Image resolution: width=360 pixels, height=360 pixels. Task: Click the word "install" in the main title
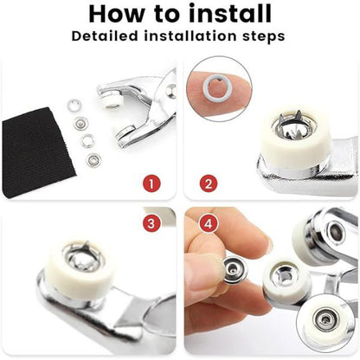(x=230, y=13)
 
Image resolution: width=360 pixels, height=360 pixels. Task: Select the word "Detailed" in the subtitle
(x=105, y=36)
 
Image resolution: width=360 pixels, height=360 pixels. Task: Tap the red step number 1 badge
(x=151, y=183)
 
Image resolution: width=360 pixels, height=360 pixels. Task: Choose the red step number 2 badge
(x=209, y=183)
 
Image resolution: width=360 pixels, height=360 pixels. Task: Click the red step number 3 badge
(x=151, y=223)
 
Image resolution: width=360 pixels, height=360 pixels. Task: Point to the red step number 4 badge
(x=209, y=223)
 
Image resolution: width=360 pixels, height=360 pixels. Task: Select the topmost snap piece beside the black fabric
(x=74, y=106)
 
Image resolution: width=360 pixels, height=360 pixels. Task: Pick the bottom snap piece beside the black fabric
(x=93, y=160)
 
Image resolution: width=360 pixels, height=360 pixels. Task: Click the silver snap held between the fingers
(x=235, y=270)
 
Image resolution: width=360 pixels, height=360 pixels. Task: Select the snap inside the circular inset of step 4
(x=326, y=319)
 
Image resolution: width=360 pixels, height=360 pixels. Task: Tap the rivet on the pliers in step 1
(x=171, y=91)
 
